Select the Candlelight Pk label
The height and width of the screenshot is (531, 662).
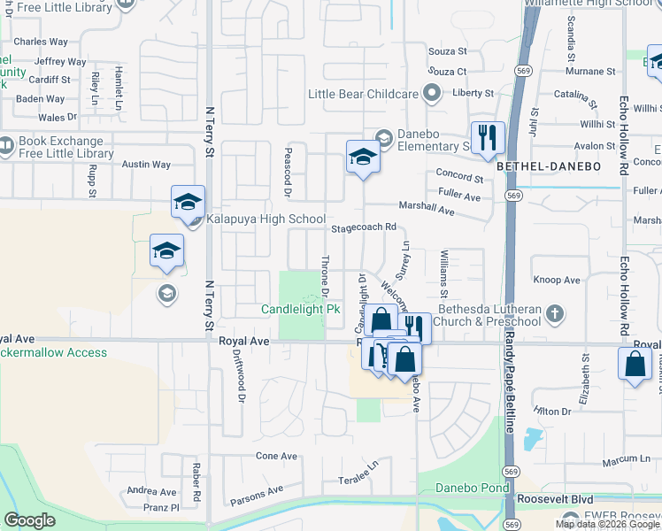301,310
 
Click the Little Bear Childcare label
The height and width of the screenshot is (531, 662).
363,94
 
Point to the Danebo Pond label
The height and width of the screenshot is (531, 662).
472,489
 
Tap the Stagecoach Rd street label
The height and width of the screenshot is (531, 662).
363,227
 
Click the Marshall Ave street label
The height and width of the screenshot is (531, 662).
427,208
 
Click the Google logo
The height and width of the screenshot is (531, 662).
30,520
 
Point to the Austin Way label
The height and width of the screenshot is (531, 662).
146,165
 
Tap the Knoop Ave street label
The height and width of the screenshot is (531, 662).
557,280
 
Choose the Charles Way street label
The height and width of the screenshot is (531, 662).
41,42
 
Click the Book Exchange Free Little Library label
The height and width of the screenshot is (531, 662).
66,148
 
